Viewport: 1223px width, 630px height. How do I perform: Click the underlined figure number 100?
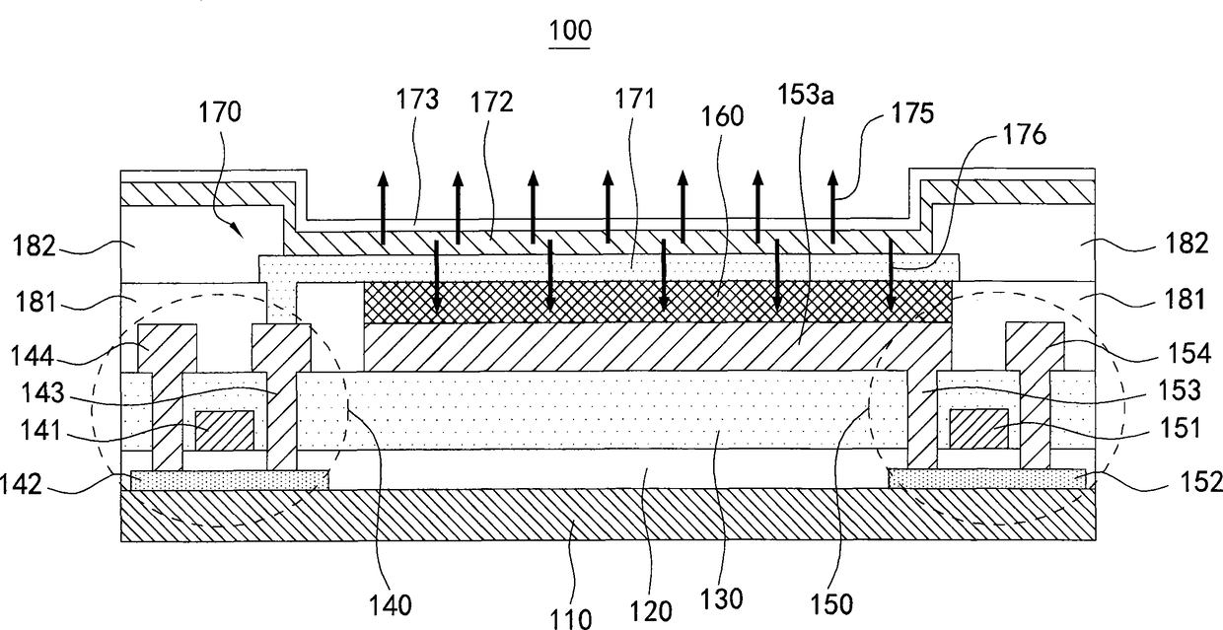click(x=572, y=31)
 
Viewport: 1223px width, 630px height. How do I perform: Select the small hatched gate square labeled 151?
click(x=977, y=429)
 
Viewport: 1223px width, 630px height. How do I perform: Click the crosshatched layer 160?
click(x=658, y=302)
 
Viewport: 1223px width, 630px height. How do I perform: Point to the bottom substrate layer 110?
click(x=607, y=515)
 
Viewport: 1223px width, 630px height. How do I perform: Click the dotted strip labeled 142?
click(x=229, y=479)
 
